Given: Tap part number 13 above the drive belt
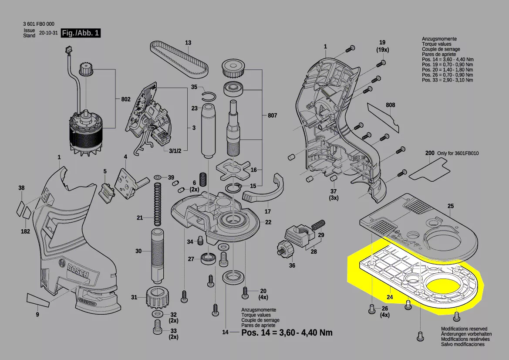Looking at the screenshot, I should [x=188, y=43].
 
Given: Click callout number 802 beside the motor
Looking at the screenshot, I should [x=126, y=99].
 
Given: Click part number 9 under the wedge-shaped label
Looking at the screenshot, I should [x=37, y=314].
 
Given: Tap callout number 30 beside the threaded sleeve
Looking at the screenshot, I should [x=138, y=251].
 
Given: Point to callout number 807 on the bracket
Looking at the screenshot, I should [x=273, y=116].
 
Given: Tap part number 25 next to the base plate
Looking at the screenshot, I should [x=451, y=206].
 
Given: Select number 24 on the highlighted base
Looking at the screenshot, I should [x=390, y=298].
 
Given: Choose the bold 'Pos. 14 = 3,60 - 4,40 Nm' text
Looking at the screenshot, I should [x=287, y=333].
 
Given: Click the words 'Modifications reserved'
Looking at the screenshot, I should [x=464, y=329].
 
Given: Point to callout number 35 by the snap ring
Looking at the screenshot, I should [x=194, y=87].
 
